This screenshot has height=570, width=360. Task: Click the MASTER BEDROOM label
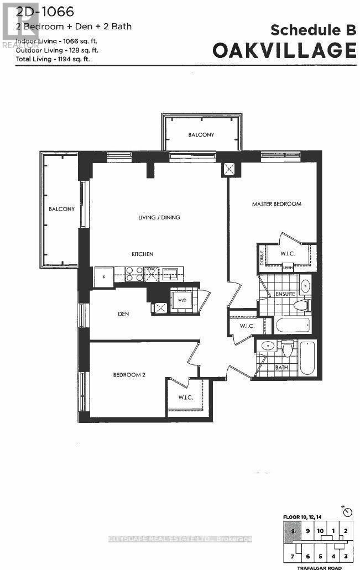tap(276, 204)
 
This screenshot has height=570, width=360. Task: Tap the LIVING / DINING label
tap(159, 217)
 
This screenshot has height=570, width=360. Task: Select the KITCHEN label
tap(142, 254)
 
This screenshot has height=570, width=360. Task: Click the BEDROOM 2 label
tap(129, 374)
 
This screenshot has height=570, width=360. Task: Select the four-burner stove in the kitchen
tap(135, 274)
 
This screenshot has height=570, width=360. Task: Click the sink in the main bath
tap(267, 346)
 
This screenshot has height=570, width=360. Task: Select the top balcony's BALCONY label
tap(201, 135)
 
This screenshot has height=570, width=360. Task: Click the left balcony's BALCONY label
tap(61, 209)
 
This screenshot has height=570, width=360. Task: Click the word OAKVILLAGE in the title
tap(284, 50)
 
